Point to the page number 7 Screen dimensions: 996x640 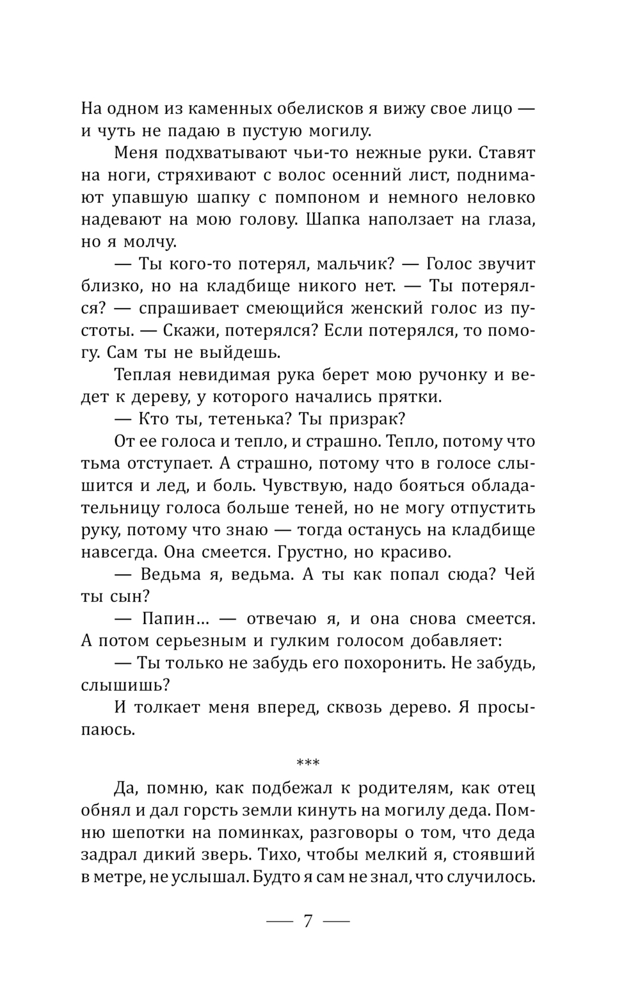(308, 922)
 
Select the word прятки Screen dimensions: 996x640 (410, 397)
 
